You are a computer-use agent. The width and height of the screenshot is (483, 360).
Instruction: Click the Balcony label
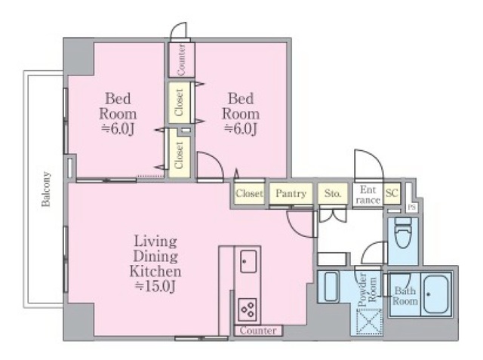[46, 189]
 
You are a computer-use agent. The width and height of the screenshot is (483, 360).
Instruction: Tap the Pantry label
[291, 193]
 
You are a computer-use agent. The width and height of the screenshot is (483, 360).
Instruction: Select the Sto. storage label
[333, 193]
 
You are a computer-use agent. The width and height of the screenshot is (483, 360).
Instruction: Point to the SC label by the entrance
[392, 193]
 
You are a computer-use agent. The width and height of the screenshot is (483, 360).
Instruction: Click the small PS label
[411, 207]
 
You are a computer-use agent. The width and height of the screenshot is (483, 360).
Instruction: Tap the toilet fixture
[402, 232]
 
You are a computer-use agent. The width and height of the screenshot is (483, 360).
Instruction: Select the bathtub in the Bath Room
[436, 294]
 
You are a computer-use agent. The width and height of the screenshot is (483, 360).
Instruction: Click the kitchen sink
[248, 261]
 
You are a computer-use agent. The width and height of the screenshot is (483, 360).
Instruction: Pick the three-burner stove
[248, 309]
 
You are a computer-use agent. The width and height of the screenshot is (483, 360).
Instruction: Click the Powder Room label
[368, 290]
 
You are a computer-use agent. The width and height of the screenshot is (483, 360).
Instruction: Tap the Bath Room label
[405, 296]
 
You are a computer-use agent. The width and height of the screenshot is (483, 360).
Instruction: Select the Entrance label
[368, 195]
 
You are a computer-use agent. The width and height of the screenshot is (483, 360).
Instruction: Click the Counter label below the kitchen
[258, 331]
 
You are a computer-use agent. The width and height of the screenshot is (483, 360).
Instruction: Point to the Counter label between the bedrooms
[181, 60]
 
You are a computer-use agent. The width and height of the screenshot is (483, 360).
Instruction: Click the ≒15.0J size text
[155, 287]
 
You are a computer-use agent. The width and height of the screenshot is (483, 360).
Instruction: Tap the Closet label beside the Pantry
[249, 193]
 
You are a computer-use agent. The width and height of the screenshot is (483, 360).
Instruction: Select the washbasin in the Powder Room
[331, 286]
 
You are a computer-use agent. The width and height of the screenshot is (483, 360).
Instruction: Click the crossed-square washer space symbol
[369, 322]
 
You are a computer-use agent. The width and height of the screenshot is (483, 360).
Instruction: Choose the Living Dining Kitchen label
[155, 256]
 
